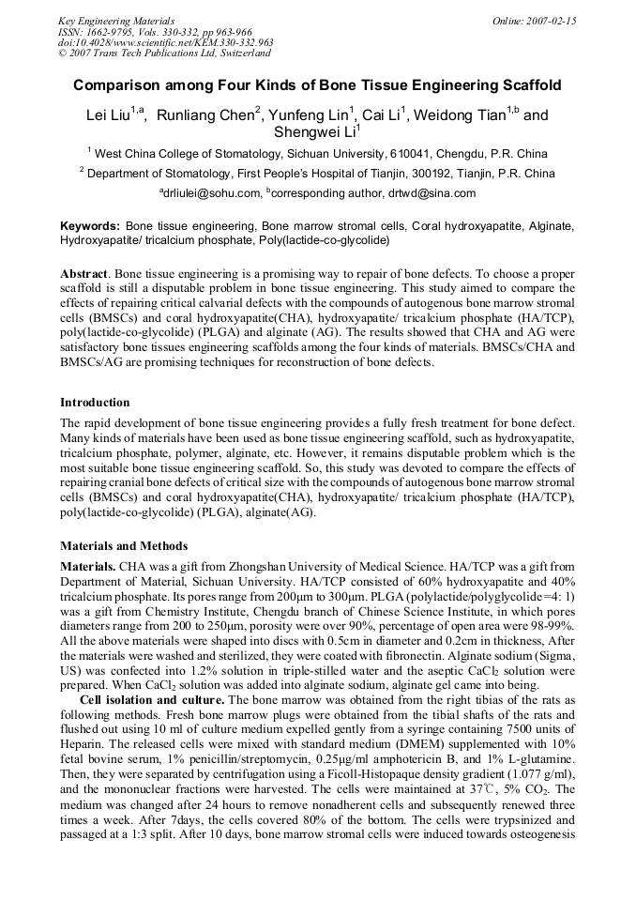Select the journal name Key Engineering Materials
116,20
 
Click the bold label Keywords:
90,227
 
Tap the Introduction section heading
95,403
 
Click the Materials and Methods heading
124,546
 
